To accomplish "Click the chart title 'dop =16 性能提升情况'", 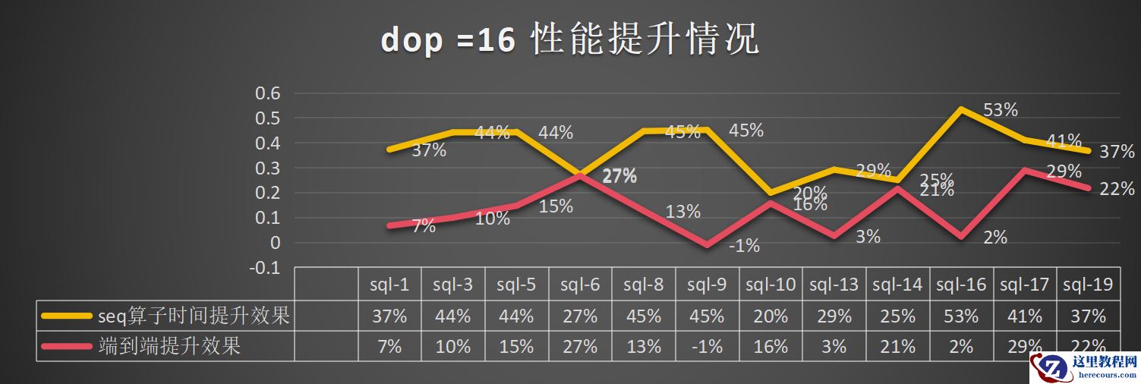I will pos(569,39).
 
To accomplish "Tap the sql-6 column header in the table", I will pos(580,285).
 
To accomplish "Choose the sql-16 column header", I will pos(960,285).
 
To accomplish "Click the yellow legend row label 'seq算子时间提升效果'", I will pos(194,316).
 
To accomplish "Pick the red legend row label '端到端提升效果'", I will pos(169,347).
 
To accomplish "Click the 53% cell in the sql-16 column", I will pos(960,316).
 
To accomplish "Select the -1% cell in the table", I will pos(707,347).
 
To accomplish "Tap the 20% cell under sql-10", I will pos(770,316).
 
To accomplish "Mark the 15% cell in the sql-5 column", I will pos(516,347).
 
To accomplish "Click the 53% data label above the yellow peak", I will pos(1000,110).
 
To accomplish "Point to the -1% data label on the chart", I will pos(744,246).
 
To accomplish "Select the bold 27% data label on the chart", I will pos(619,177).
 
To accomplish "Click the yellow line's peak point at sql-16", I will pos(961,109).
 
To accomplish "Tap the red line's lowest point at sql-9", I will pos(708,245).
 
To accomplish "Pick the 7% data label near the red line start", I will pos(424,226).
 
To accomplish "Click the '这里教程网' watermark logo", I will pos(1084,370).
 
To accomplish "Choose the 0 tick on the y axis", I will pos(276,243).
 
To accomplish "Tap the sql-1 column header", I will pos(389,285).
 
